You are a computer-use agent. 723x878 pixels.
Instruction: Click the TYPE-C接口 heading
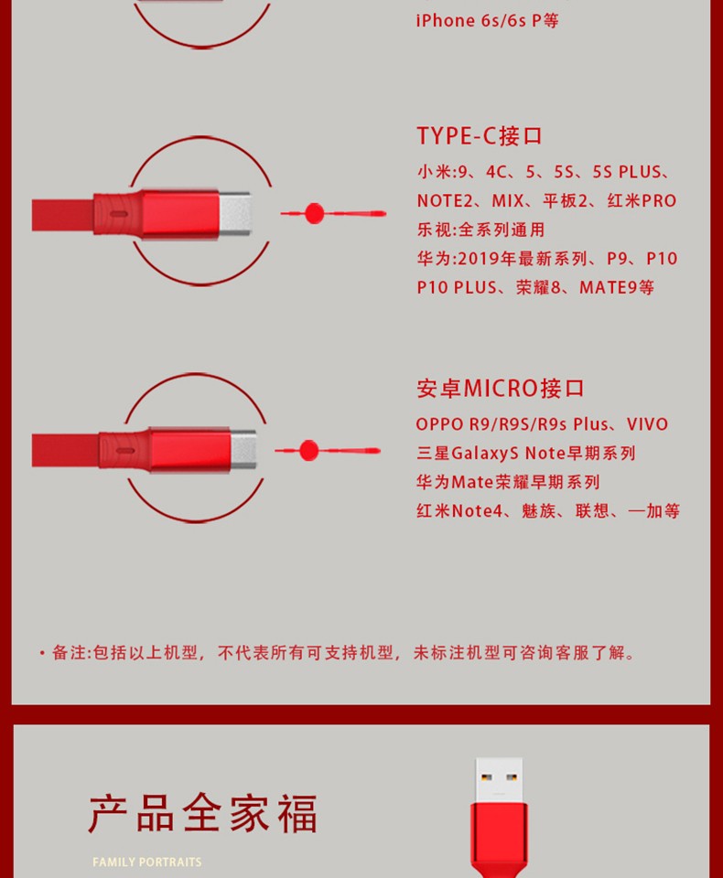click(480, 136)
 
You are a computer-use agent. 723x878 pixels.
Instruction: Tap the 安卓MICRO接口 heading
click(501, 389)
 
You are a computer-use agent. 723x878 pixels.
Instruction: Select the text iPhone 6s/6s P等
click(487, 21)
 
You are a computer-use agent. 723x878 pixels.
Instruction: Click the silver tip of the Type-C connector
click(235, 213)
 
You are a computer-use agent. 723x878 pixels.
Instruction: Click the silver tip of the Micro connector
click(243, 450)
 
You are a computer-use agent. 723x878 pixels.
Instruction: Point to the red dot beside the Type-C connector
click(315, 213)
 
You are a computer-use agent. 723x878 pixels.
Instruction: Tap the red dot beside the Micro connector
click(308, 450)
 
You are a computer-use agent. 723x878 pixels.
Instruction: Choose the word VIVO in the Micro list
click(647, 424)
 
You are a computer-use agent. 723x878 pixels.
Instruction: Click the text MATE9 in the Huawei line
click(608, 288)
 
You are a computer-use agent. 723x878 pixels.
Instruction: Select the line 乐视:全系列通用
click(480, 230)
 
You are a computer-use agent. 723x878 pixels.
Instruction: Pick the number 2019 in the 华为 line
click(480, 259)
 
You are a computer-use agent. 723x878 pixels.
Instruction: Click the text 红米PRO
click(642, 200)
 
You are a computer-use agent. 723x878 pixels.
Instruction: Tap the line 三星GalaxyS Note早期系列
click(525, 453)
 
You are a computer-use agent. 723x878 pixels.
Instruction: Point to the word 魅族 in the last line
click(538, 510)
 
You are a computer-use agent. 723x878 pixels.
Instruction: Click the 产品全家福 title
click(203, 814)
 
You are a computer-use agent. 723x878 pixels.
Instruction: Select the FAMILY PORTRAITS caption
click(146, 862)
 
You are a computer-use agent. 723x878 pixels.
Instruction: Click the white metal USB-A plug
click(499, 780)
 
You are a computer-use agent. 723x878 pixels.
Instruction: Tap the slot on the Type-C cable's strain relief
click(118, 214)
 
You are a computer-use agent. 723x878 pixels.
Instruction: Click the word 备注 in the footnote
click(70, 652)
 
